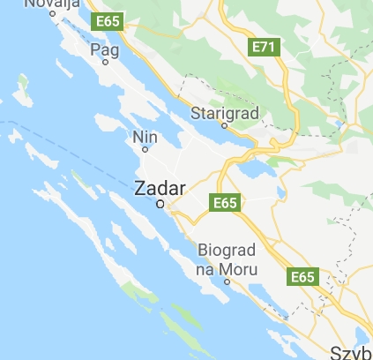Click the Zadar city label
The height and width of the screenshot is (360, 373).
160,187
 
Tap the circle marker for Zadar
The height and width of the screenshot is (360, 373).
160,204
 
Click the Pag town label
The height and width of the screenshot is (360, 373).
104,50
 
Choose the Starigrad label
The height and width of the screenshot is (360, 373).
223,113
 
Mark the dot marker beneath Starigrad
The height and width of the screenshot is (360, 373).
224,125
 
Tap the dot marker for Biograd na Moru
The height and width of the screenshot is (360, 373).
227,282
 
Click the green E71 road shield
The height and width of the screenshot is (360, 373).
264,45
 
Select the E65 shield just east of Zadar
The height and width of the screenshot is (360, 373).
226,203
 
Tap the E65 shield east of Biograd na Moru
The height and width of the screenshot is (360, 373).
302,277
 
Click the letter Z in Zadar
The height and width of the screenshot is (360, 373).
140,187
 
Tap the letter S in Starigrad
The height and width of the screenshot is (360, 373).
197,113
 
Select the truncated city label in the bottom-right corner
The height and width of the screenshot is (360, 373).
350,353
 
